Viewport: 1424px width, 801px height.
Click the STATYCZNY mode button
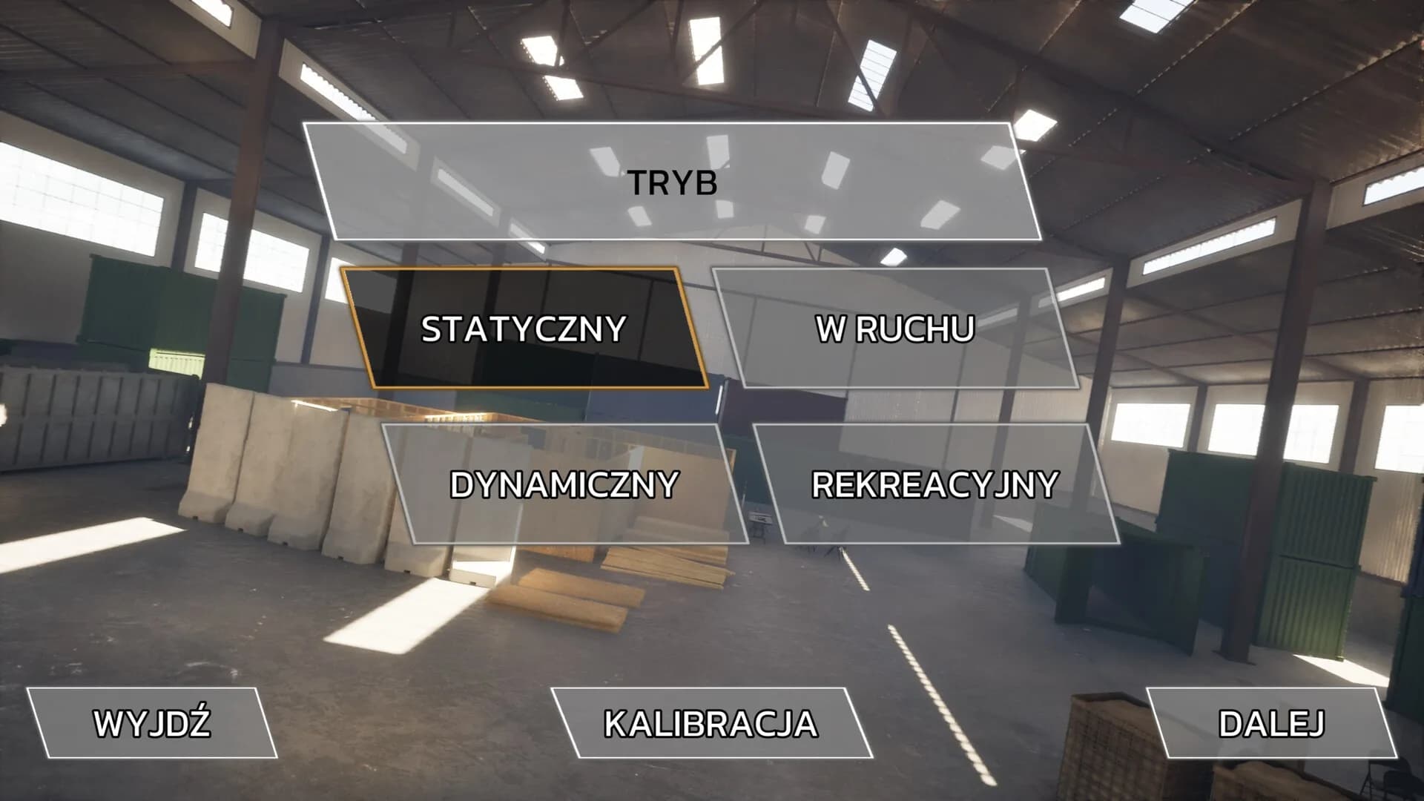[x=524, y=329]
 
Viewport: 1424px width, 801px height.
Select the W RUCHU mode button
[x=895, y=329]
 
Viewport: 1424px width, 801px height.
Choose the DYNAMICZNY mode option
[x=564, y=484]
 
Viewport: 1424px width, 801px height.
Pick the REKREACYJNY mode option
[x=935, y=484]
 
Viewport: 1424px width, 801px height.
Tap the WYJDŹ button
[x=152, y=723]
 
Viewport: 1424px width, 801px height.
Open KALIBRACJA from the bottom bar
[x=711, y=723]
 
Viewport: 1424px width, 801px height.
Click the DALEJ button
[x=1272, y=723]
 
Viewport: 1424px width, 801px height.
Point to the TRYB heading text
[x=673, y=182]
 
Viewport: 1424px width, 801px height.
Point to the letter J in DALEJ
[x=1315, y=724]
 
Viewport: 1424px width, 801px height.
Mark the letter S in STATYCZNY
[x=432, y=329]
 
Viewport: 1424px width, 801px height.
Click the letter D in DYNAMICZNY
[x=461, y=485]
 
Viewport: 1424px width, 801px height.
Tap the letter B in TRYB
[x=707, y=182]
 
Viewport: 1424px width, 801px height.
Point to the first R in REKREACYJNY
[x=823, y=485]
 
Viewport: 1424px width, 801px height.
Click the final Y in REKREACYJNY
[x=1047, y=485]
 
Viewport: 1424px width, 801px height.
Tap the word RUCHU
[x=916, y=329]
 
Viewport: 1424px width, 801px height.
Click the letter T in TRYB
[x=639, y=182]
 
